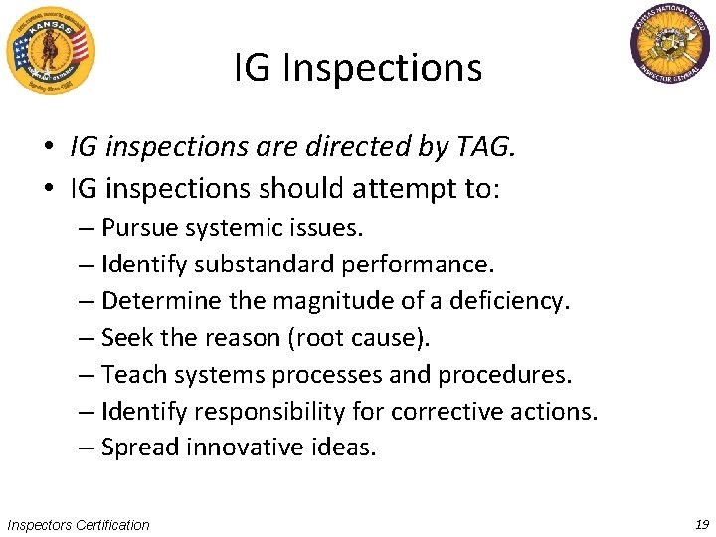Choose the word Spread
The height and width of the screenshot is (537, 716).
click(137, 447)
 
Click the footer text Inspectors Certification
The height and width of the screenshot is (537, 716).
click(78, 524)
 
